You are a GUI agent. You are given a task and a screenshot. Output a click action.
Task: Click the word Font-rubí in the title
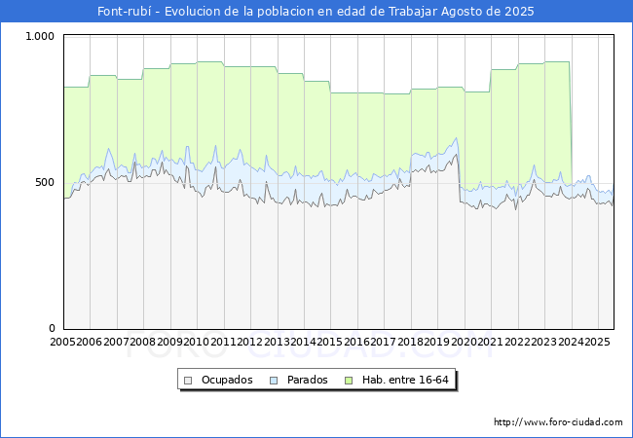(125, 12)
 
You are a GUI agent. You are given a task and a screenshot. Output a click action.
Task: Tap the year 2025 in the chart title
(519, 12)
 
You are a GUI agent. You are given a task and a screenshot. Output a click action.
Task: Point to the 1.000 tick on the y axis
(40, 36)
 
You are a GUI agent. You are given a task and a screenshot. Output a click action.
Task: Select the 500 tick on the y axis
(45, 182)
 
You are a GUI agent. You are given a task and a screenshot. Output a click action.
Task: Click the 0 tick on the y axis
(52, 328)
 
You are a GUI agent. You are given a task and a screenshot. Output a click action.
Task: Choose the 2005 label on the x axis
(62, 342)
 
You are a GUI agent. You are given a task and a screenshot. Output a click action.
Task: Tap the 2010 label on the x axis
(196, 342)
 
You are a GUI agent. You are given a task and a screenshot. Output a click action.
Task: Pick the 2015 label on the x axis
(330, 342)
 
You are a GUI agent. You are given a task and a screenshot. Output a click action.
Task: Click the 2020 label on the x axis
(464, 342)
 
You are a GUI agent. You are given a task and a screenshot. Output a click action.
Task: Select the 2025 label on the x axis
(597, 342)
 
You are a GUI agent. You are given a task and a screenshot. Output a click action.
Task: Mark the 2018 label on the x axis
(410, 342)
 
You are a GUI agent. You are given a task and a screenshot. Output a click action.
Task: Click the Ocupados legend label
(227, 380)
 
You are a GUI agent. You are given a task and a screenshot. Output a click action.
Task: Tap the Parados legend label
(307, 380)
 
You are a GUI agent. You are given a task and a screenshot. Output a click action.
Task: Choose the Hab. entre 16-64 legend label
(405, 380)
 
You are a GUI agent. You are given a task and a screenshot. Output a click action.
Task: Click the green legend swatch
(349, 381)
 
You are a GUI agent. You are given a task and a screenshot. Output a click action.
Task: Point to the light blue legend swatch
(274, 381)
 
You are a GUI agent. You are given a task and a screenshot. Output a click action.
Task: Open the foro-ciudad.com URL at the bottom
(558, 422)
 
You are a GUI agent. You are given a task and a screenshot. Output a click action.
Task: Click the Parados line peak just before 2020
(456, 138)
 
